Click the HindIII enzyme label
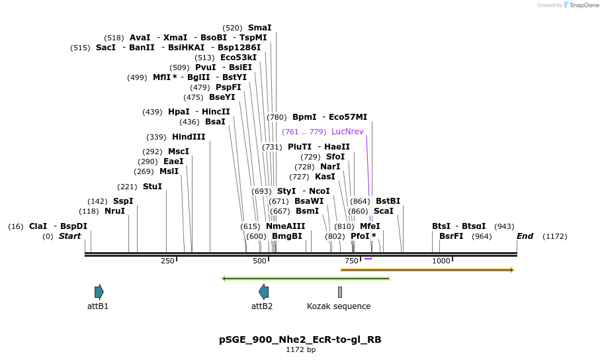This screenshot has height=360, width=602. [x=189, y=137]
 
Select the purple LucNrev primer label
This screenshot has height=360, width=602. [x=347, y=132]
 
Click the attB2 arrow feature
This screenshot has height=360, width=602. [x=263, y=292]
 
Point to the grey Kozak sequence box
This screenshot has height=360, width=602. [x=340, y=292]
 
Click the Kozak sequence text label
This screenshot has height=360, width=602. [x=339, y=306]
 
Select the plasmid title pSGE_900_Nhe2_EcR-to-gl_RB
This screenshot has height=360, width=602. [x=300, y=339]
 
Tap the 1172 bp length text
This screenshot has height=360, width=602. [x=300, y=349]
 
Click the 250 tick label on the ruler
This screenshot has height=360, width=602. [x=167, y=261]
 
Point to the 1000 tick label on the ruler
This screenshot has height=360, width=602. [x=441, y=261]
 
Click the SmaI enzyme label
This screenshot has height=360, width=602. [x=259, y=28]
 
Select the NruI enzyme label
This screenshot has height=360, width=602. [x=114, y=211]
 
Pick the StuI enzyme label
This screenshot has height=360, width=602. [x=152, y=187]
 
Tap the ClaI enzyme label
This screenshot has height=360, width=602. [x=38, y=226]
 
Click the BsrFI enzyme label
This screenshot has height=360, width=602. [x=451, y=236]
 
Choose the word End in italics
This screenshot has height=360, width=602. [x=525, y=236]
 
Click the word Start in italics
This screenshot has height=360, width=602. [x=69, y=236]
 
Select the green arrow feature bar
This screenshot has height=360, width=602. [x=306, y=279]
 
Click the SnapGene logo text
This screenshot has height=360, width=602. [x=585, y=5]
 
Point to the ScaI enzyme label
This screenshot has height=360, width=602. [x=384, y=211]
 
